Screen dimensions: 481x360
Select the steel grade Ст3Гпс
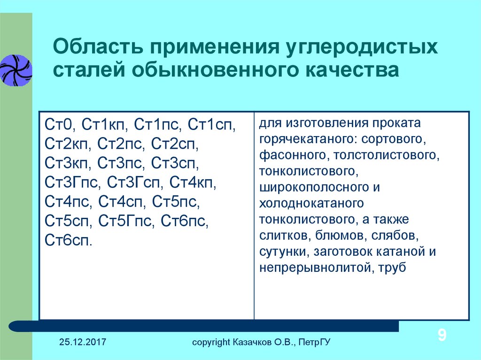pyautogui.click(x=71, y=183)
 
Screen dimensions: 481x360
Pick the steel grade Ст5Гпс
pyautogui.click(x=124, y=221)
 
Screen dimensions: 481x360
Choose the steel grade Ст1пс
pyautogui.click(x=155, y=125)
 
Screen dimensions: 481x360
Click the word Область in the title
pyautogui.click(x=98, y=47)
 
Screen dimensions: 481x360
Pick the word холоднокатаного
pyautogui.click(x=311, y=203)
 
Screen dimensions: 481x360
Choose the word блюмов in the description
pyautogui.click(x=336, y=236)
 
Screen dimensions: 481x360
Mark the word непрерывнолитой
pyautogui.click(x=312, y=268)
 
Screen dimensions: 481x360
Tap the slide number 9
pyautogui.click(x=442, y=335)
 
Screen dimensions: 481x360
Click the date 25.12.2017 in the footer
pyautogui.click(x=83, y=342)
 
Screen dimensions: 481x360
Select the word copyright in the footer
pyautogui.click(x=211, y=342)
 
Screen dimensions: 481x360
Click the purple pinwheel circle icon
pyautogui.click(x=16, y=70)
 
